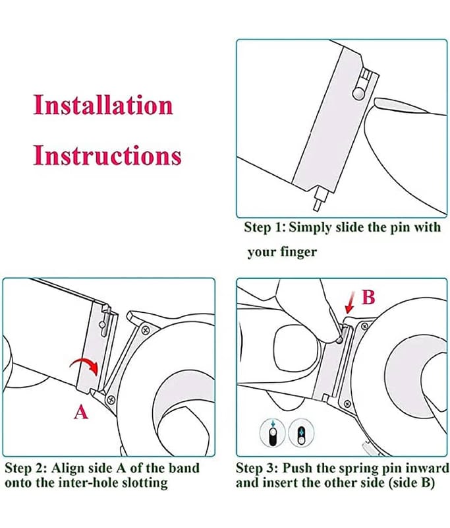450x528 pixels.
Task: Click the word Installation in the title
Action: point(103,105)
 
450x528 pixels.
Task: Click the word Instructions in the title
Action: point(107,156)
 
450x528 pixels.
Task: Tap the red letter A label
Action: point(81,412)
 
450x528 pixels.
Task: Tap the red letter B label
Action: point(368,297)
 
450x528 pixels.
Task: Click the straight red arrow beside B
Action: point(351,302)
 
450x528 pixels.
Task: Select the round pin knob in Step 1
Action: point(358,93)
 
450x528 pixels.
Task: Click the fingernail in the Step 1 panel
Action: point(400,105)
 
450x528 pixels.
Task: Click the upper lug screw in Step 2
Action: point(145,329)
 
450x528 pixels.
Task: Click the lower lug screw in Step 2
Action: point(111,400)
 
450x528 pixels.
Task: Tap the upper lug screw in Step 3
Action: point(364,325)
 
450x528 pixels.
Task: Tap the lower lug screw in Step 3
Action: point(347,403)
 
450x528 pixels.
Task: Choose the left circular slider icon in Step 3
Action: point(273,432)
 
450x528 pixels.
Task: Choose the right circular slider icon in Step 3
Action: point(301,432)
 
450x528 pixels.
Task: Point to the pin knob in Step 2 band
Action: point(102,324)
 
